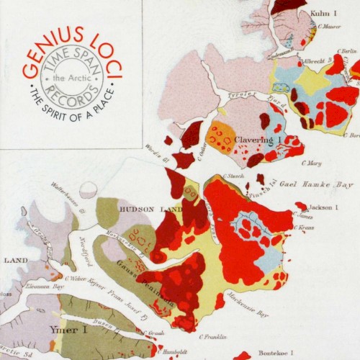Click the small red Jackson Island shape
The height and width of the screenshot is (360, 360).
301,206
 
